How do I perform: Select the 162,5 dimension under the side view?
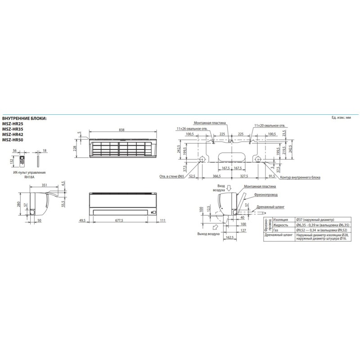coord(229,238)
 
